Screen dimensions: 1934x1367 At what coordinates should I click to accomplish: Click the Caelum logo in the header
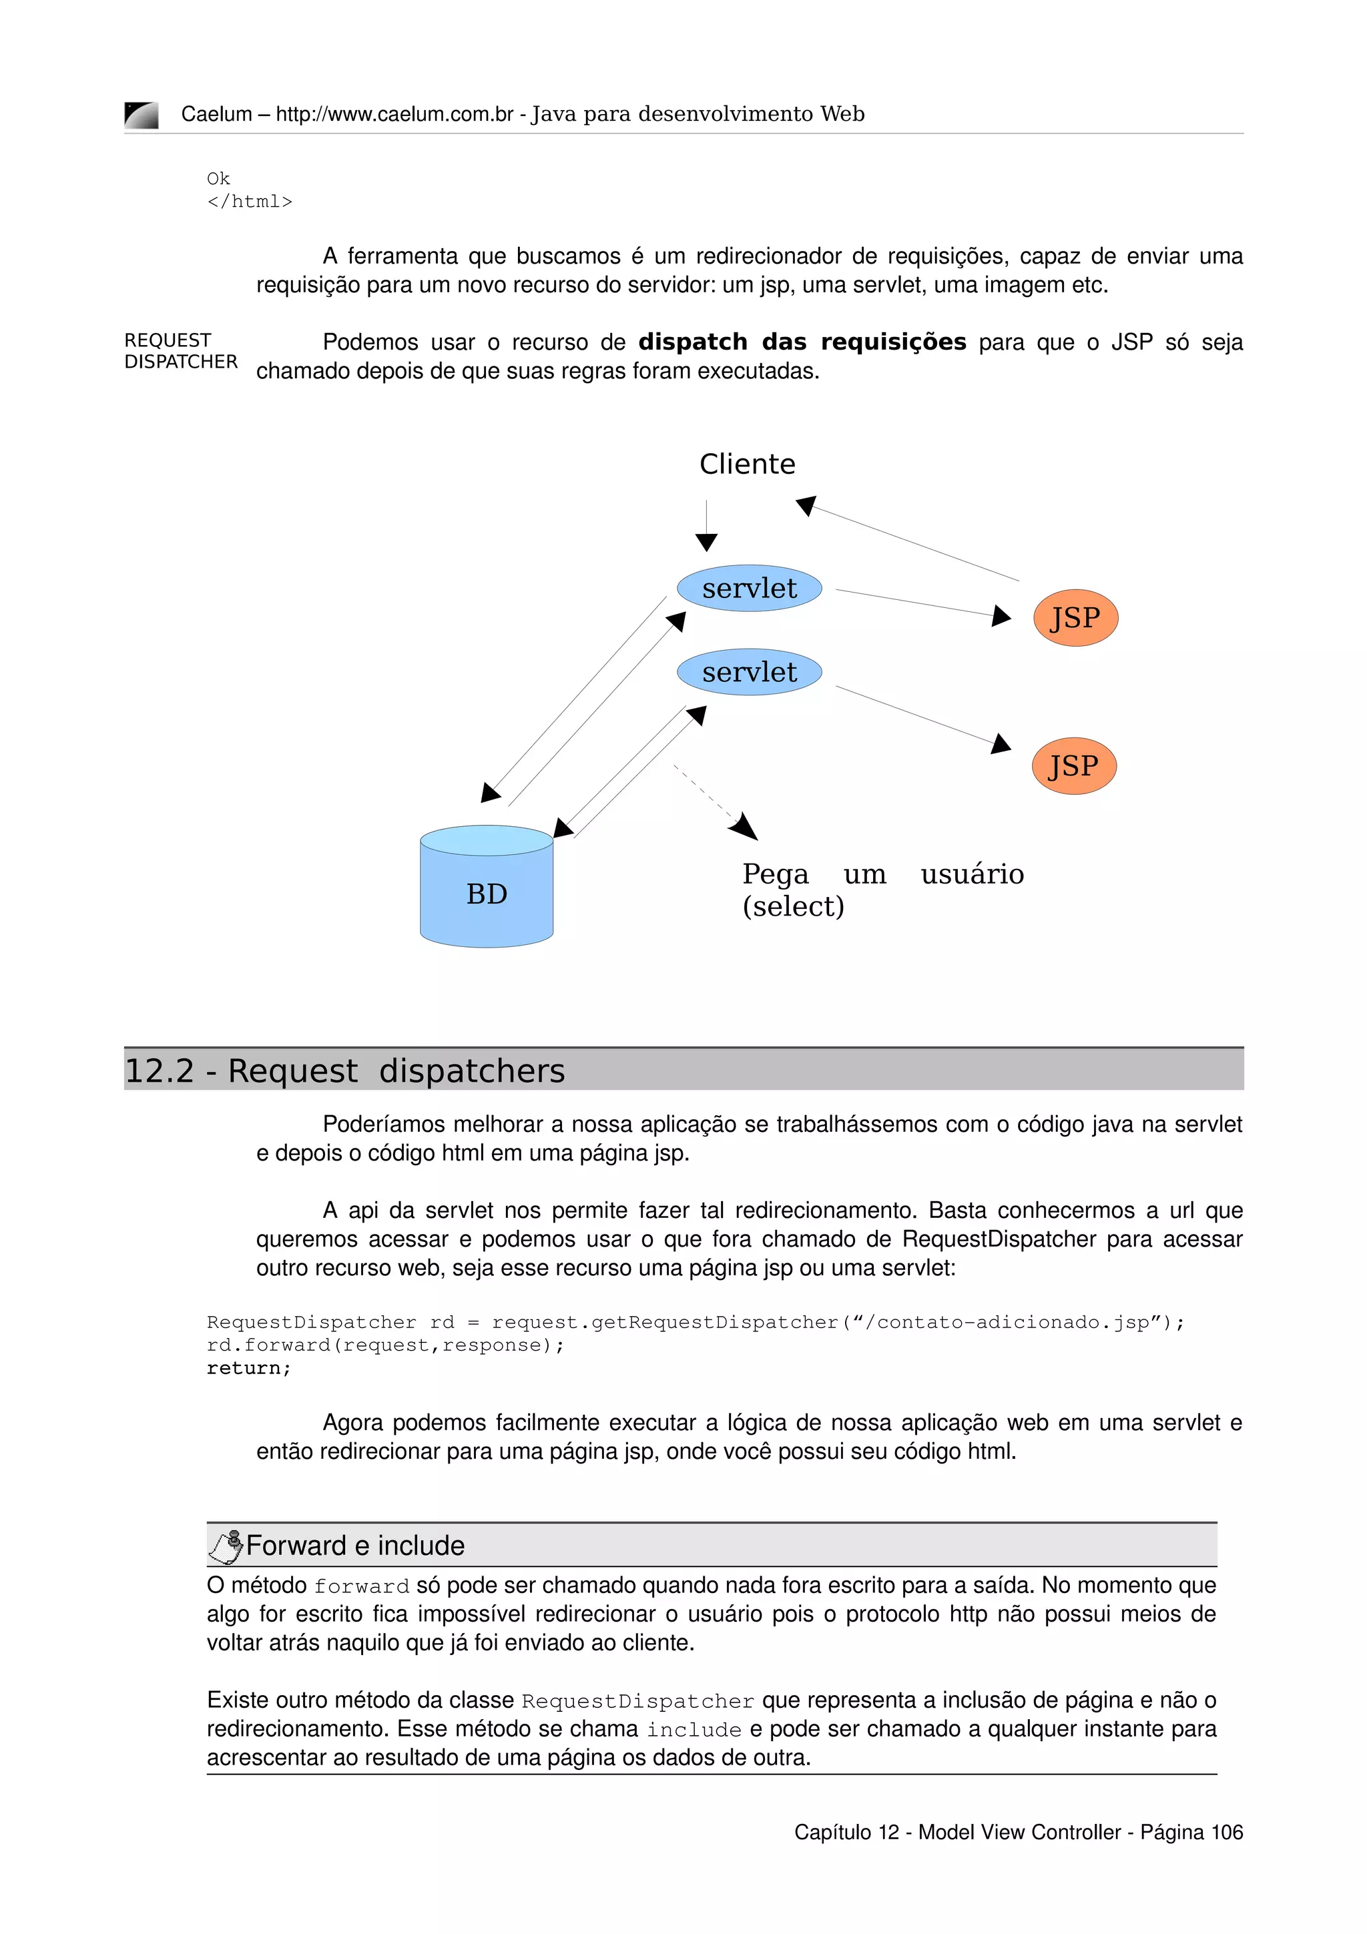pos(141,115)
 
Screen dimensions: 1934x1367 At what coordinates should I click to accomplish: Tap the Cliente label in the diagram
pos(746,464)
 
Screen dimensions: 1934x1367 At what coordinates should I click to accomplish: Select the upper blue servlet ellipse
pos(749,588)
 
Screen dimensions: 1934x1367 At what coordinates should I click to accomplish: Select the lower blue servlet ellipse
pos(749,672)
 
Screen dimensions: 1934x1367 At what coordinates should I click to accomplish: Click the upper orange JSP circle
pos(1075,617)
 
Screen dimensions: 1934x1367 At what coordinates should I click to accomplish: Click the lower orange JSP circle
pos(1073,765)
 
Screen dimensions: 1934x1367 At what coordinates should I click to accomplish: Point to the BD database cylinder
pos(486,887)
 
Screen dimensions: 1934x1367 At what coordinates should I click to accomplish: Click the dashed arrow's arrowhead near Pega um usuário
pos(744,827)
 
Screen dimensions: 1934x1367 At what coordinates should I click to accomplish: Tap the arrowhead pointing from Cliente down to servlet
pos(706,542)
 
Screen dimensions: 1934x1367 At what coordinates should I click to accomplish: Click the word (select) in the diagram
pos(792,906)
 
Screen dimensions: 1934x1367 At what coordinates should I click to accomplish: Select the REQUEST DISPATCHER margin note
pos(180,350)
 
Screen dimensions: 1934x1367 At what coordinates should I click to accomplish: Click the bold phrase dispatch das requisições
pos(802,342)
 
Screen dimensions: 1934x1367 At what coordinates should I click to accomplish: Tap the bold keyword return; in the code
pos(248,1368)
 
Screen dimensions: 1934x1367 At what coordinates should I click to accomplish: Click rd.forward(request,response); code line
pos(385,1345)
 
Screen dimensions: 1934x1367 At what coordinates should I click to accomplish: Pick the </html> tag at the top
pos(250,202)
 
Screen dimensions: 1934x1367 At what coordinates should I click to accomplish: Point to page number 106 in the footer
pos(1226,1832)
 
